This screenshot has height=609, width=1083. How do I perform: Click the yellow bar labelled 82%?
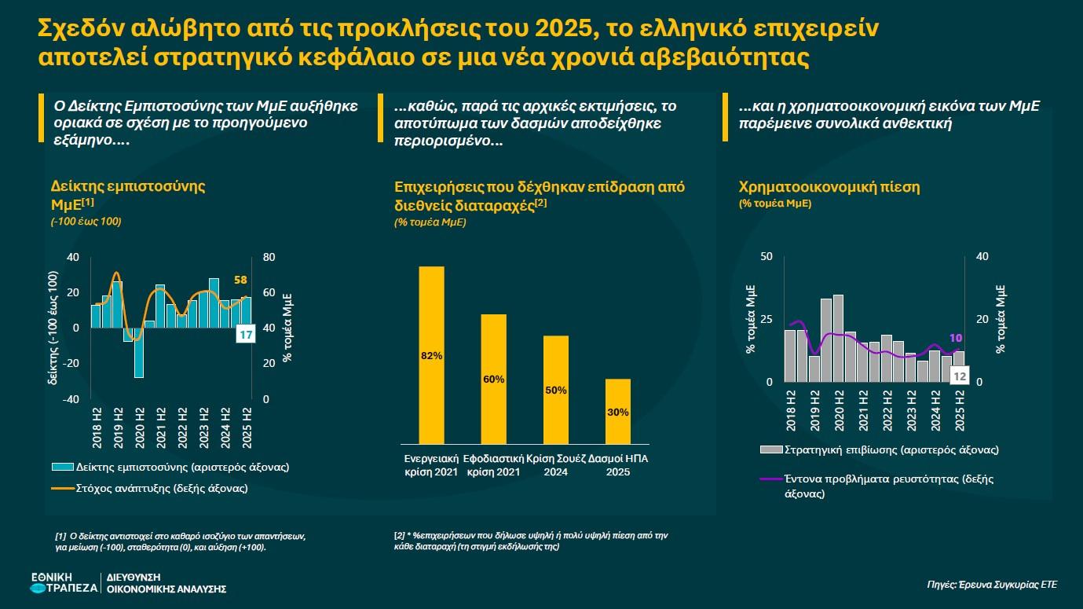(x=431, y=355)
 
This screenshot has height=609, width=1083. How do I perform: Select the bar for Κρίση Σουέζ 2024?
(x=555, y=390)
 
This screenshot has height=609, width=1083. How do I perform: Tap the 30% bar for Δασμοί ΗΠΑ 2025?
(x=617, y=413)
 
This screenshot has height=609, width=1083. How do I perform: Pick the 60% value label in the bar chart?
(x=493, y=380)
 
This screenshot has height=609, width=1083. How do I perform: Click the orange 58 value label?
(x=240, y=281)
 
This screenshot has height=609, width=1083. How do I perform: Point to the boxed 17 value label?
(x=244, y=336)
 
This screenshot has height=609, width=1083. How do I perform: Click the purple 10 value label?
(x=956, y=337)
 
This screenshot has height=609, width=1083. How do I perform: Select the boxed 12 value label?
(x=959, y=376)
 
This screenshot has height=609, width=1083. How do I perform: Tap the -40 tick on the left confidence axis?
(x=71, y=399)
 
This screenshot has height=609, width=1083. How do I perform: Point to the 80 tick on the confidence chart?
(x=268, y=257)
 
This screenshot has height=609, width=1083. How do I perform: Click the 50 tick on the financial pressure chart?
(x=767, y=257)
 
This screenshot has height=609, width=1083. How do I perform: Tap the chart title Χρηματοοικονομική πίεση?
(x=829, y=187)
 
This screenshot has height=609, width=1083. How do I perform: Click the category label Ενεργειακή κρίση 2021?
(x=430, y=464)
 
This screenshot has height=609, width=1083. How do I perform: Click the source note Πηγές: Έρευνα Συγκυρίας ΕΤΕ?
(x=991, y=584)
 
